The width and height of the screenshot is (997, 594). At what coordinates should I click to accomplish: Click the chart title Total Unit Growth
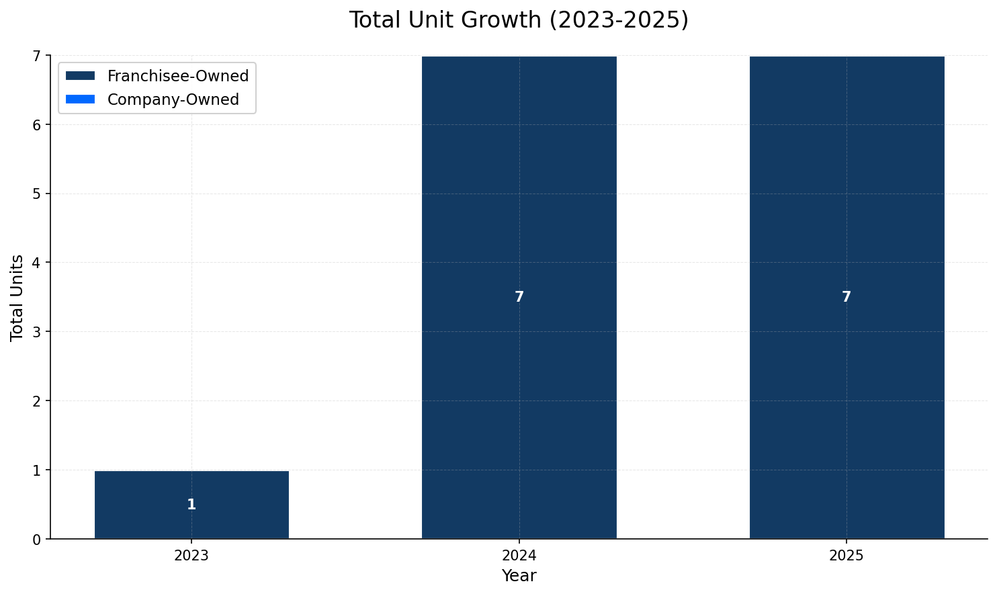[518, 20]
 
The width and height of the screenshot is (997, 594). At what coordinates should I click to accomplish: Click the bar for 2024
[519, 202]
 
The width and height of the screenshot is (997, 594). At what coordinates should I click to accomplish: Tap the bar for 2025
[847, 202]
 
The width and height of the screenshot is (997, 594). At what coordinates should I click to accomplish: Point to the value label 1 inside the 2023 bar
[191, 505]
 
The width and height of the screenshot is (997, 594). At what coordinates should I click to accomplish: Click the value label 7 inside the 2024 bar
[519, 297]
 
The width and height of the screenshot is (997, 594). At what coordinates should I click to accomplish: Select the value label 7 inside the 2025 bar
[847, 297]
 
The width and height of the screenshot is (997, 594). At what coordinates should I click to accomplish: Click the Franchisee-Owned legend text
[178, 76]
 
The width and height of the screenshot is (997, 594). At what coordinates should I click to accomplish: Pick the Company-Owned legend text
[173, 99]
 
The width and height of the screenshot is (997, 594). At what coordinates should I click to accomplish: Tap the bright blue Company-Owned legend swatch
[81, 99]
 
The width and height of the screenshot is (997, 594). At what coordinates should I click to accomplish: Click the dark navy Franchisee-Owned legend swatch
[81, 76]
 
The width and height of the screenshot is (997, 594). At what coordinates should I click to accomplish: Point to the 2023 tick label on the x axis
[191, 556]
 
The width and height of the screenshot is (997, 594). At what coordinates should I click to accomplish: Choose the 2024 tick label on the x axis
[519, 556]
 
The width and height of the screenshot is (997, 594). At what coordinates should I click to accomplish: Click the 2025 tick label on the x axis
[847, 556]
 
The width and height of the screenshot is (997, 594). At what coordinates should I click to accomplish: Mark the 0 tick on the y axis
[37, 539]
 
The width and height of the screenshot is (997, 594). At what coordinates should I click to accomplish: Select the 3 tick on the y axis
[37, 332]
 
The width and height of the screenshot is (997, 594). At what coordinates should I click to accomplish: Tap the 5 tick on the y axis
[37, 194]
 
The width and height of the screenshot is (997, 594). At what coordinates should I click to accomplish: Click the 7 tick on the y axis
[37, 56]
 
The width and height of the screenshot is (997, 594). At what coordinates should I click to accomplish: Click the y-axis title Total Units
[17, 298]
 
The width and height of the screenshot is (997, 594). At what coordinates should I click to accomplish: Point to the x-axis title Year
[519, 576]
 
